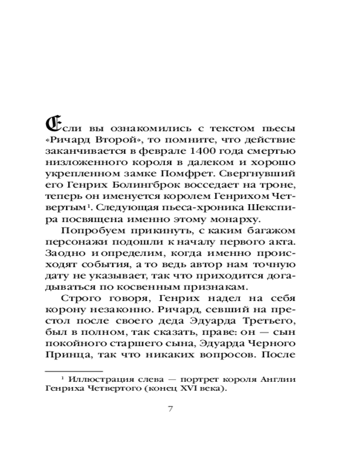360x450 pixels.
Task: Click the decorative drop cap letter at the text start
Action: (53, 123)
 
